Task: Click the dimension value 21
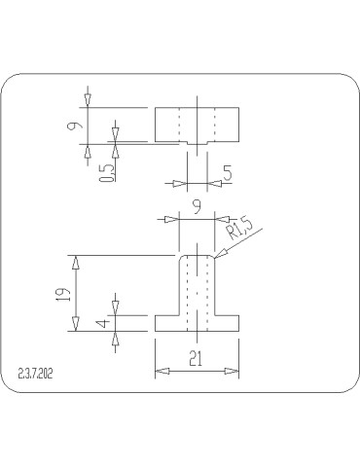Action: pos(196,359)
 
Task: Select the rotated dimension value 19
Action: pos(63,293)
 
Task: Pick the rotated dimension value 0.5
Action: pos(106,173)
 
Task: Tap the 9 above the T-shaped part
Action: pos(198,206)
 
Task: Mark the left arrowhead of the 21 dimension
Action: pos(160,371)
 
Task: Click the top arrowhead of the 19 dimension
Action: pos(77,260)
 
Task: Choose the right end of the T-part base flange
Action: pos(239,323)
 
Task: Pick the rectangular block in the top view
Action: pos(198,125)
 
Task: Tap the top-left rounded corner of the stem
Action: pos(179,257)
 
